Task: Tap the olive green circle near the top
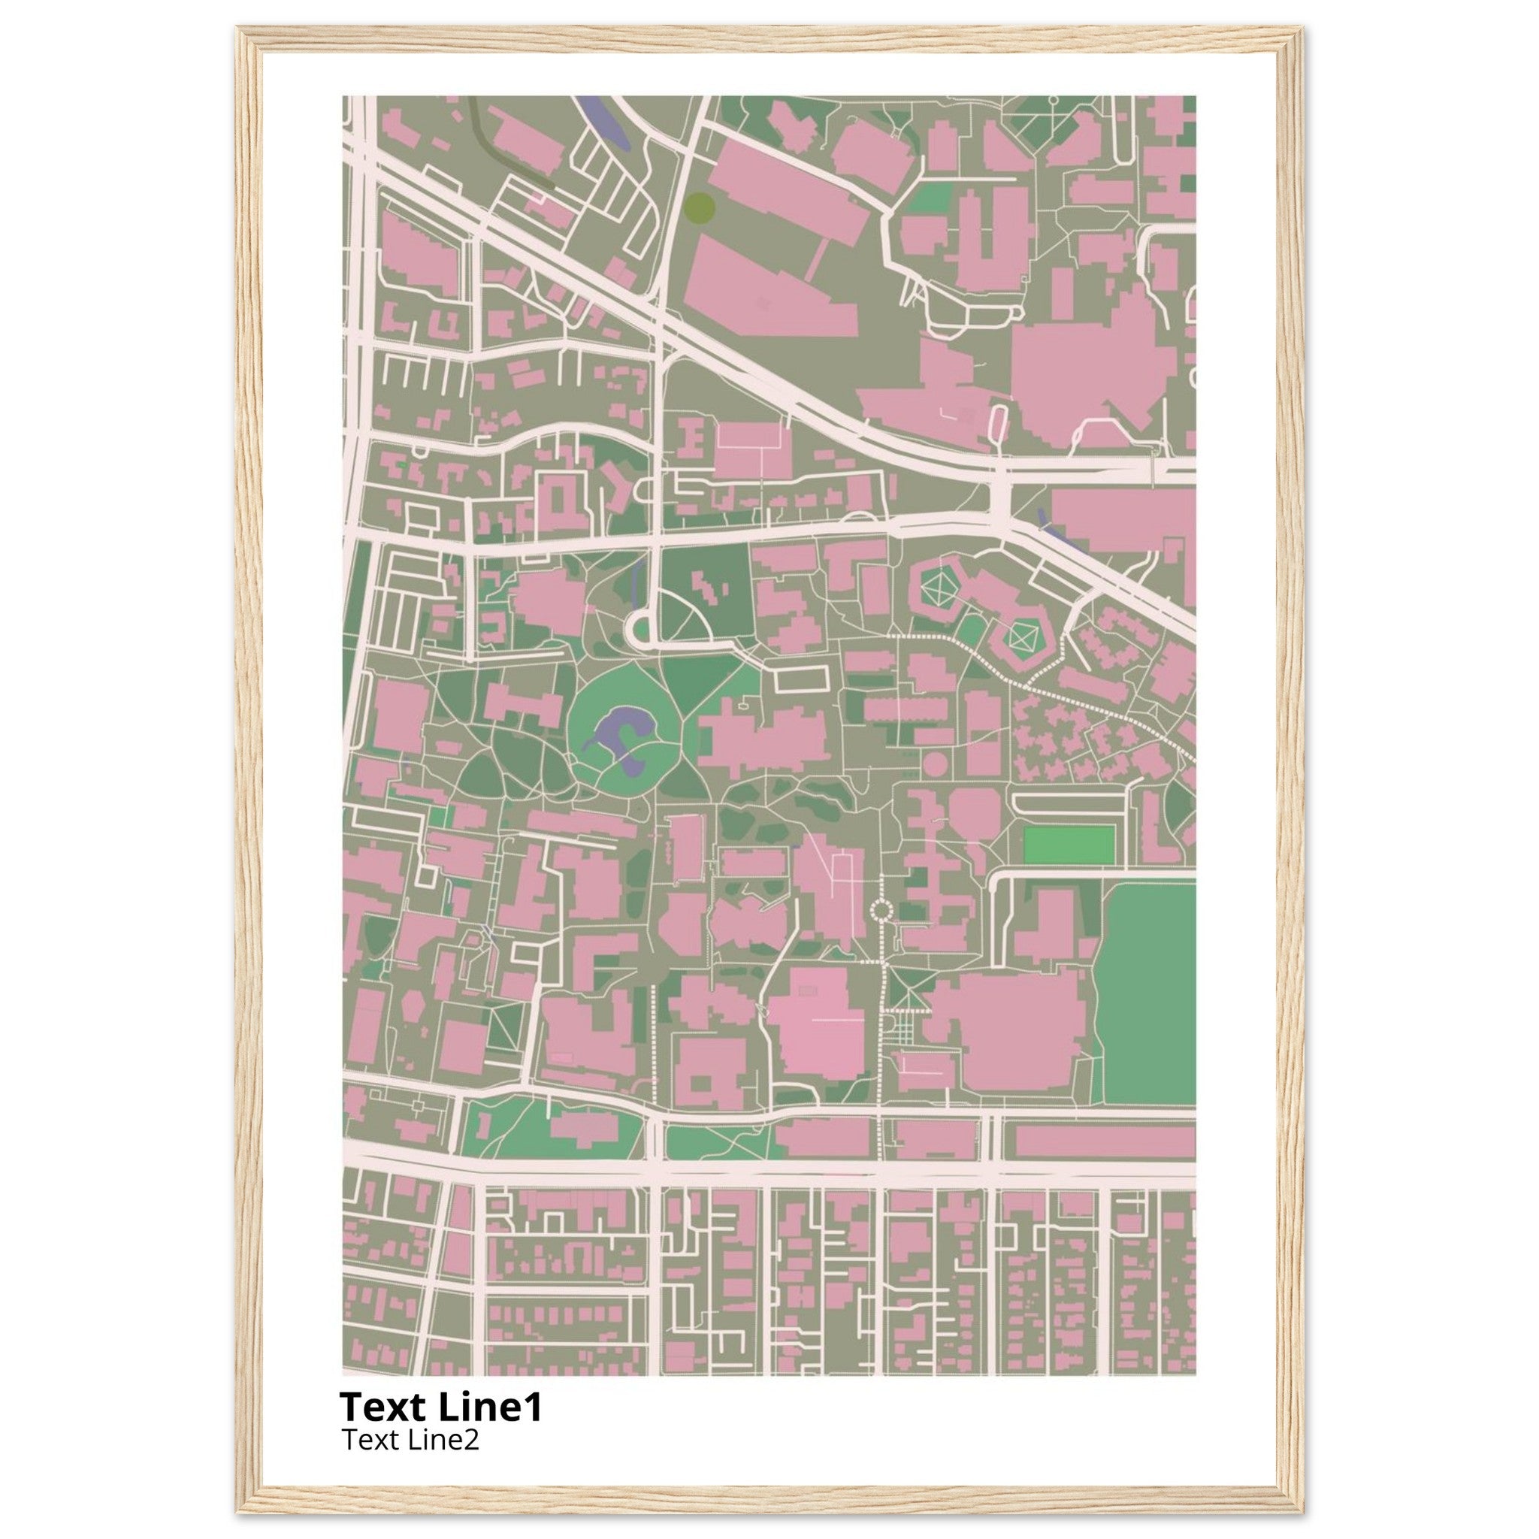pyautogui.click(x=699, y=207)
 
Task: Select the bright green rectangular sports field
pyautogui.click(x=1069, y=845)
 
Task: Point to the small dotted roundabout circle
pyautogui.click(x=881, y=910)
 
